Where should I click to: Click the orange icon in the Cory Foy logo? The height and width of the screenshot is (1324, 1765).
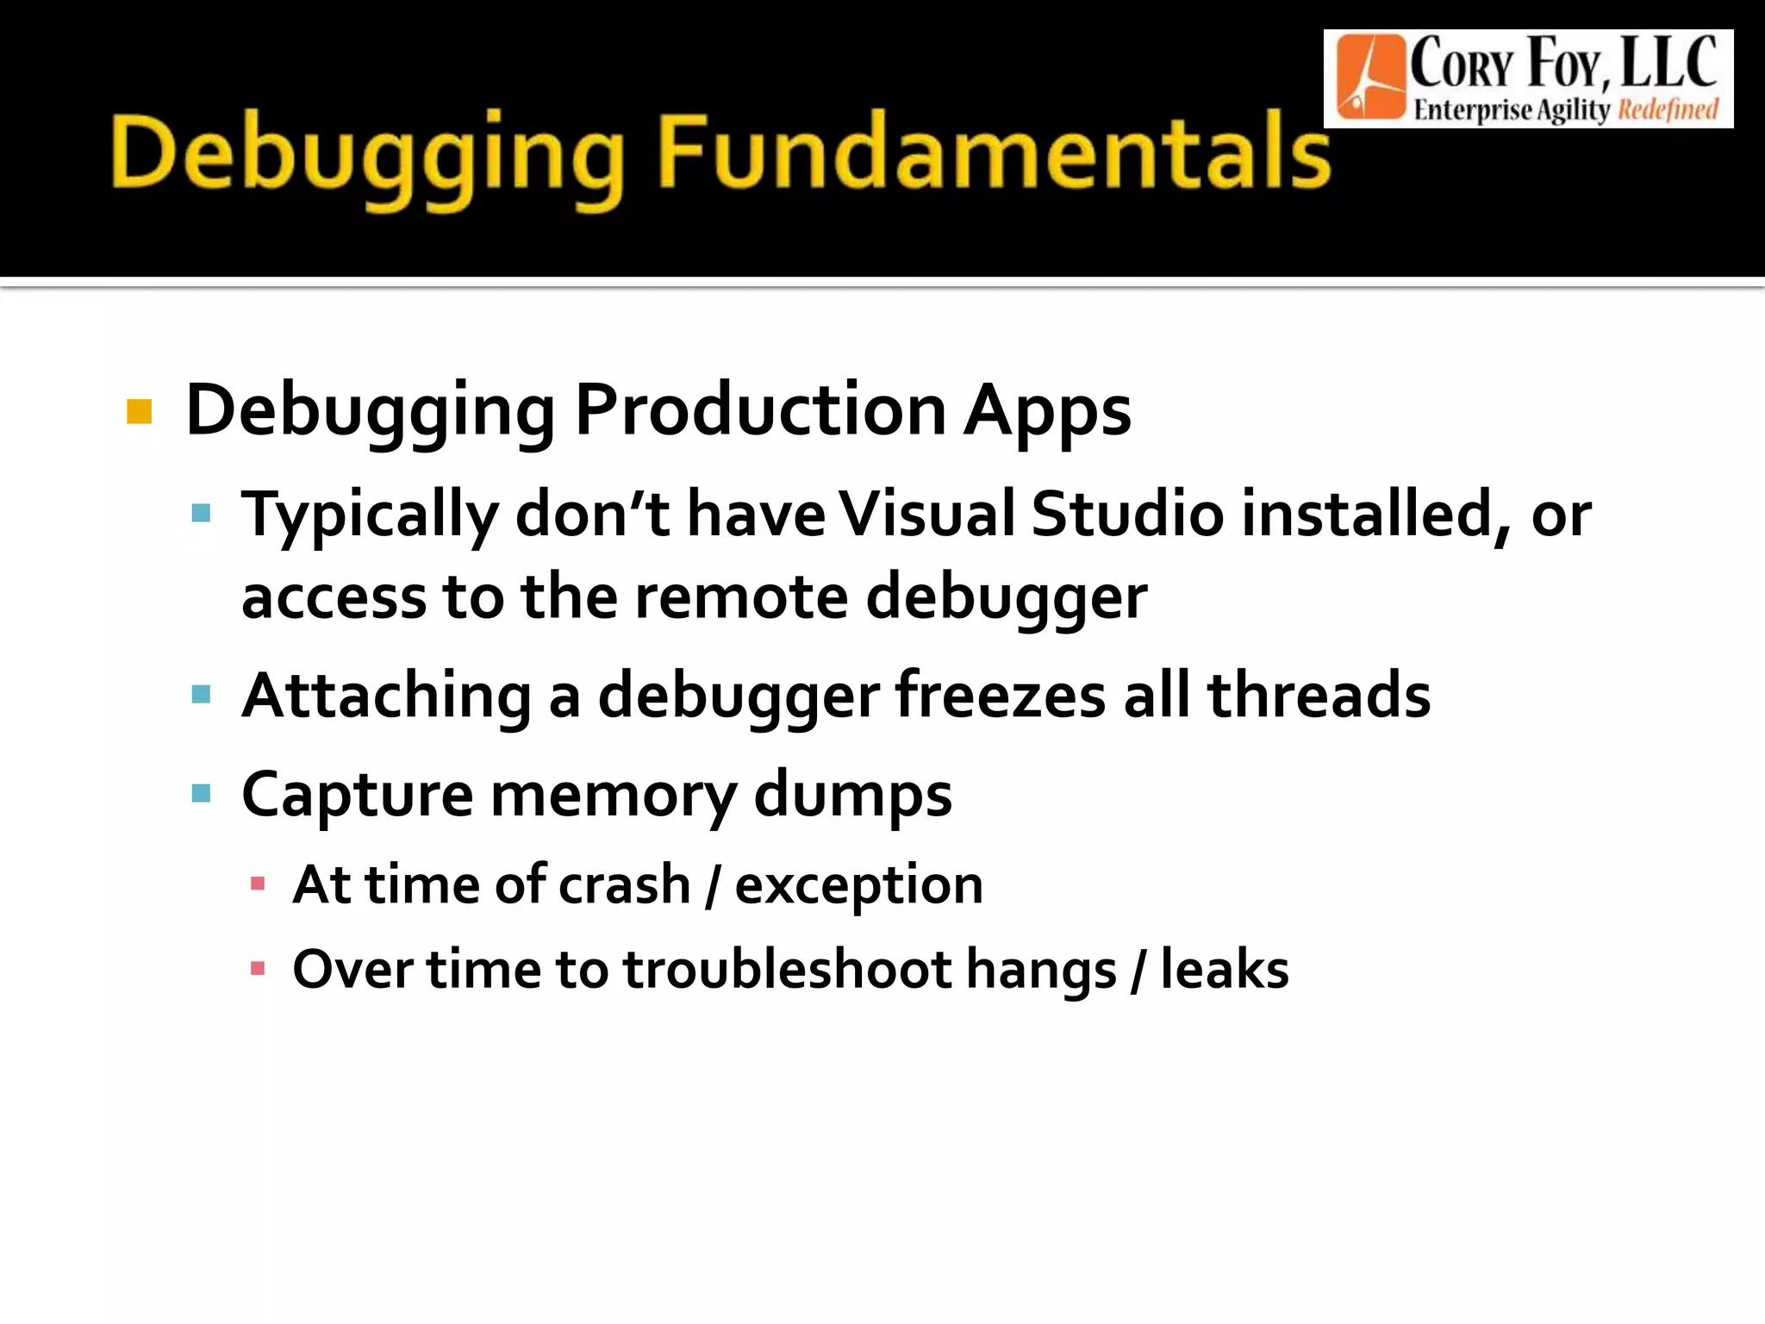[x=1369, y=78]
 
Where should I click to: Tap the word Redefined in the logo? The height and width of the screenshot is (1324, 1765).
[x=1668, y=110]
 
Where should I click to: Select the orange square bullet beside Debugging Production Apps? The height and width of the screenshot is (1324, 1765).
[x=139, y=412]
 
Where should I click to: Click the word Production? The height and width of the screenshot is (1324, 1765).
[x=760, y=409]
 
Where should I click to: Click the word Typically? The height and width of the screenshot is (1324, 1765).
[x=370, y=515]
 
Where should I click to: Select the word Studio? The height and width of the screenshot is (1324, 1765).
[x=1127, y=514]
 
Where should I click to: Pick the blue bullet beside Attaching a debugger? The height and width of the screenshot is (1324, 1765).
[x=202, y=695]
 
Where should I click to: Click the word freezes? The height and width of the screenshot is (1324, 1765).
[x=1000, y=695]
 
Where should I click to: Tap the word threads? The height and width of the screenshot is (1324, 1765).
[x=1319, y=695]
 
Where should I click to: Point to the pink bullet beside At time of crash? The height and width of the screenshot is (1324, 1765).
[x=257, y=884]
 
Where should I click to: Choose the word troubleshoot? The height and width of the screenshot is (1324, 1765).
[x=786, y=970]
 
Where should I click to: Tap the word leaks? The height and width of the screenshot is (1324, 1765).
[x=1225, y=970]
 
